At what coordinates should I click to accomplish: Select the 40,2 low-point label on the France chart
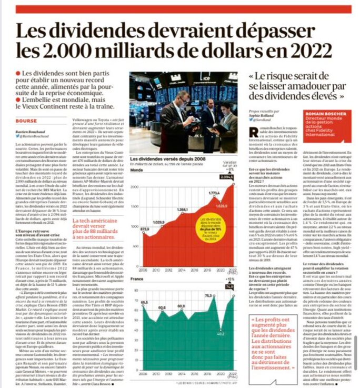(x=221, y=333)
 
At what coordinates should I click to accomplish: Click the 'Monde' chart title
(x=137, y=171)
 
